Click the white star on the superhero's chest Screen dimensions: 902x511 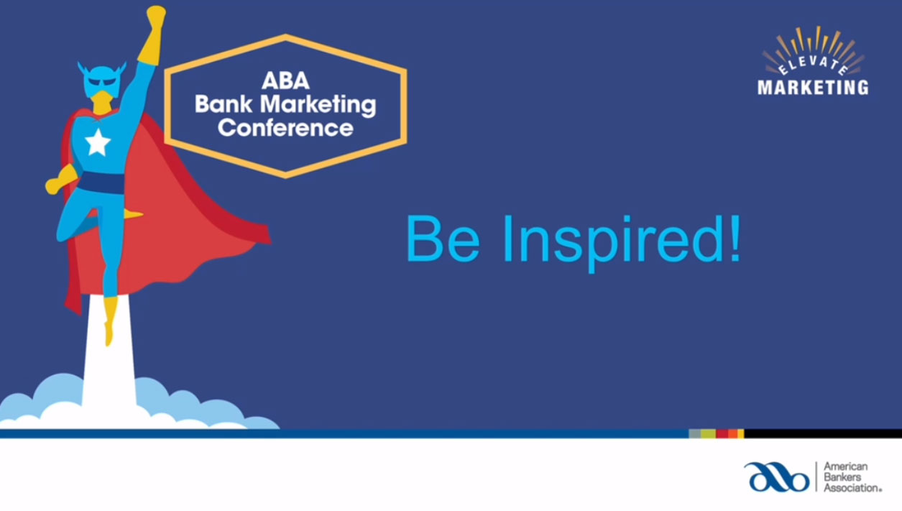point(98,142)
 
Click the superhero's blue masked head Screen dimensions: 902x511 point(102,80)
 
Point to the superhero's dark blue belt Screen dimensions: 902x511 point(101,183)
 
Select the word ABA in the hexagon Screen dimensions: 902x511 point(285,80)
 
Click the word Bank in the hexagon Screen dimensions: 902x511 point(224,104)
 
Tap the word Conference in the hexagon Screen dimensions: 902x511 point(285,128)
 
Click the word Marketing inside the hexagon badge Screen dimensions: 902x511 point(318,106)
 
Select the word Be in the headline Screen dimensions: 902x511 point(443,239)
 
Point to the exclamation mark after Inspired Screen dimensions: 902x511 point(735,239)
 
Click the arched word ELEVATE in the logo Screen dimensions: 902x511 point(813,65)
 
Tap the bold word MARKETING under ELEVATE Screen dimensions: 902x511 point(813,88)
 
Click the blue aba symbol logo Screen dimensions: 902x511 point(777,477)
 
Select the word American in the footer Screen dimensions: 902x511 point(846,466)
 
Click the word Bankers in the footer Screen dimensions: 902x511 point(842,477)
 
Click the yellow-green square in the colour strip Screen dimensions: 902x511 point(708,433)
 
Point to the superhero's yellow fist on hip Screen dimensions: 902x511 point(60,181)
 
